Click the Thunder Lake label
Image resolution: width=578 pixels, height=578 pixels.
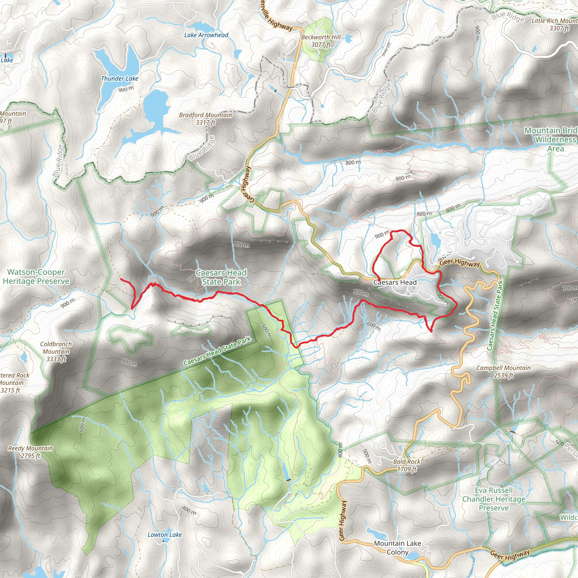click(x=120, y=79)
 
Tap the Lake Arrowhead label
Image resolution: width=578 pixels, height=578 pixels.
click(x=206, y=35)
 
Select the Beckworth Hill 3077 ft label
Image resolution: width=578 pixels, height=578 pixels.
click(x=321, y=41)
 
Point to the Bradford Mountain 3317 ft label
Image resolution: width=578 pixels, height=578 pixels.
click(x=205, y=119)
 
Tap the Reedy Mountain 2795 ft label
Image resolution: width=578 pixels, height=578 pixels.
click(x=30, y=452)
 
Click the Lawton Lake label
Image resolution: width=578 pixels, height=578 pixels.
click(x=165, y=535)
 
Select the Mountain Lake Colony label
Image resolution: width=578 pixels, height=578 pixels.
click(x=397, y=548)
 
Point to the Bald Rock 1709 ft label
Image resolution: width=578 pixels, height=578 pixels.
click(x=407, y=465)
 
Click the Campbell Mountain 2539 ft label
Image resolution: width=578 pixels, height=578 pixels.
click(x=503, y=371)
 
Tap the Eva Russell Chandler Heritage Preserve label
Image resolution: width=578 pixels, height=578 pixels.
click(x=494, y=499)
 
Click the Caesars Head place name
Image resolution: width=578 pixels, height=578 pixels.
click(x=395, y=283)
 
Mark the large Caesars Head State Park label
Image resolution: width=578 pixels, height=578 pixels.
click(x=221, y=277)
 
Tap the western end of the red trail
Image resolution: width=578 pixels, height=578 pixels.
click(x=121, y=279)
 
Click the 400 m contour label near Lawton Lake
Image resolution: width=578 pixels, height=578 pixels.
click(x=189, y=510)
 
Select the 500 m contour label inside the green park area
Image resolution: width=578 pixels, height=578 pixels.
click(x=266, y=330)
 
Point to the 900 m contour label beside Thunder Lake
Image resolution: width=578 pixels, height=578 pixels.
click(x=126, y=89)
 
